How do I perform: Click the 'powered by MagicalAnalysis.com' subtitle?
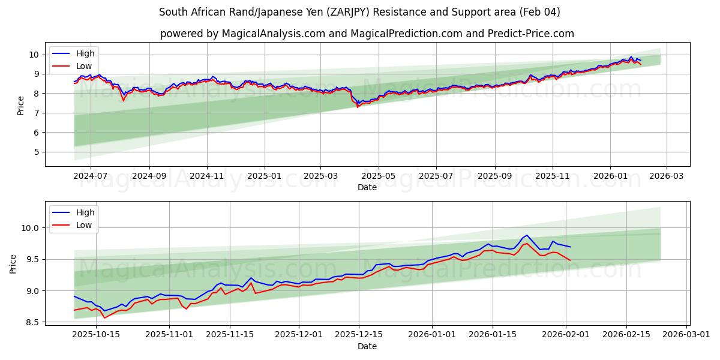click(x=367, y=34)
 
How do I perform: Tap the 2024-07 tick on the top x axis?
click(x=91, y=176)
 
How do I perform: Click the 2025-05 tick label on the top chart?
click(x=379, y=176)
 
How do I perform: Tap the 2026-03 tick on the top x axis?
click(x=667, y=176)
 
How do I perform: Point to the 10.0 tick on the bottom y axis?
click(x=30, y=228)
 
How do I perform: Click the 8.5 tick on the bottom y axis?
click(x=31, y=322)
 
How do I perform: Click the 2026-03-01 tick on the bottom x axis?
click(x=685, y=334)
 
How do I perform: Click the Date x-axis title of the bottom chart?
click(x=367, y=346)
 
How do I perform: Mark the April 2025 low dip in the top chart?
click(x=358, y=107)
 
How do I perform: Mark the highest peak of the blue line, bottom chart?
click(x=527, y=235)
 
